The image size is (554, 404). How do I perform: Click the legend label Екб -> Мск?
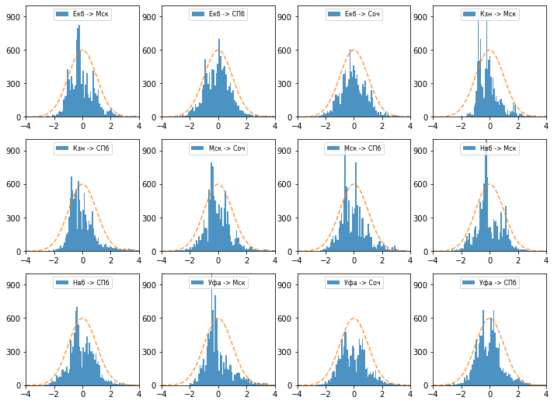[x=90, y=14]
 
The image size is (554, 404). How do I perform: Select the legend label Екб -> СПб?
[x=225, y=14]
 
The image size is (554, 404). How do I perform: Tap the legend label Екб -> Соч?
[x=361, y=14]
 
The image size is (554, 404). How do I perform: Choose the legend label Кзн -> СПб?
[x=90, y=148]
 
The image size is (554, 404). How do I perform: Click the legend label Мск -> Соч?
[x=226, y=148]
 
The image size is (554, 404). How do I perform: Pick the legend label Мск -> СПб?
[x=361, y=148]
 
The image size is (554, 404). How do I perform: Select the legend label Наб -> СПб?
[x=90, y=283]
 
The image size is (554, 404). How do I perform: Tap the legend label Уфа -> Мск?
[x=226, y=283]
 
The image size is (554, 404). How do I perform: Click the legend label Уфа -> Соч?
[x=361, y=283]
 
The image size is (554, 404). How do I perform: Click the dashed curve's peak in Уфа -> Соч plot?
[x=354, y=319]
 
